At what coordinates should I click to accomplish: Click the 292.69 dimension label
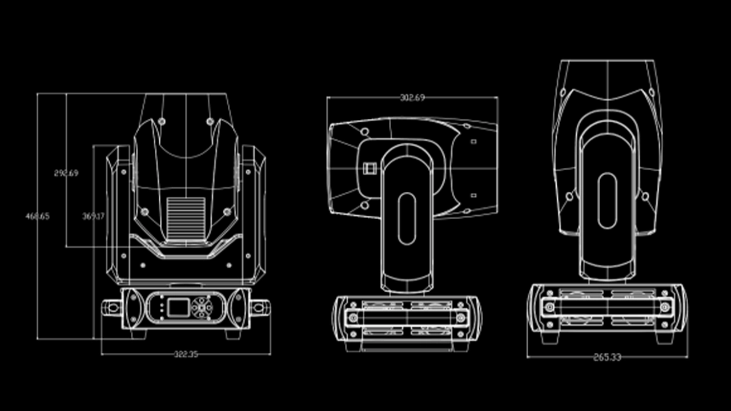(x=66, y=173)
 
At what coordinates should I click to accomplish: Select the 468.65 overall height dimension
(x=37, y=216)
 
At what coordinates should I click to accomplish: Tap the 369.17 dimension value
(x=93, y=216)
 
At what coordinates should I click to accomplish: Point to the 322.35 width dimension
(x=186, y=354)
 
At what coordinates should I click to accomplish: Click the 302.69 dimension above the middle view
(x=412, y=98)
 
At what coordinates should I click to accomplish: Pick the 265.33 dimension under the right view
(x=607, y=357)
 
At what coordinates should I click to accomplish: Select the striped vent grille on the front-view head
(x=186, y=218)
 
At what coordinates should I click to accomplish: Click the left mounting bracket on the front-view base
(x=111, y=308)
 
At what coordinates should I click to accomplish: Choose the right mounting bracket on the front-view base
(x=261, y=308)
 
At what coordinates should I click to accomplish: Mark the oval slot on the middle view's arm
(x=407, y=219)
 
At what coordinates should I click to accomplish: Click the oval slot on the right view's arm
(x=607, y=201)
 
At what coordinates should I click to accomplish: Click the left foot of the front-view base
(x=139, y=335)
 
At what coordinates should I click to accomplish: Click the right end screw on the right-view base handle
(x=664, y=307)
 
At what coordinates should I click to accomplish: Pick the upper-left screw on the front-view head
(x=161, y=121)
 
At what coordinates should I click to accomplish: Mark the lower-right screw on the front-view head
(x=227, y=212)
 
